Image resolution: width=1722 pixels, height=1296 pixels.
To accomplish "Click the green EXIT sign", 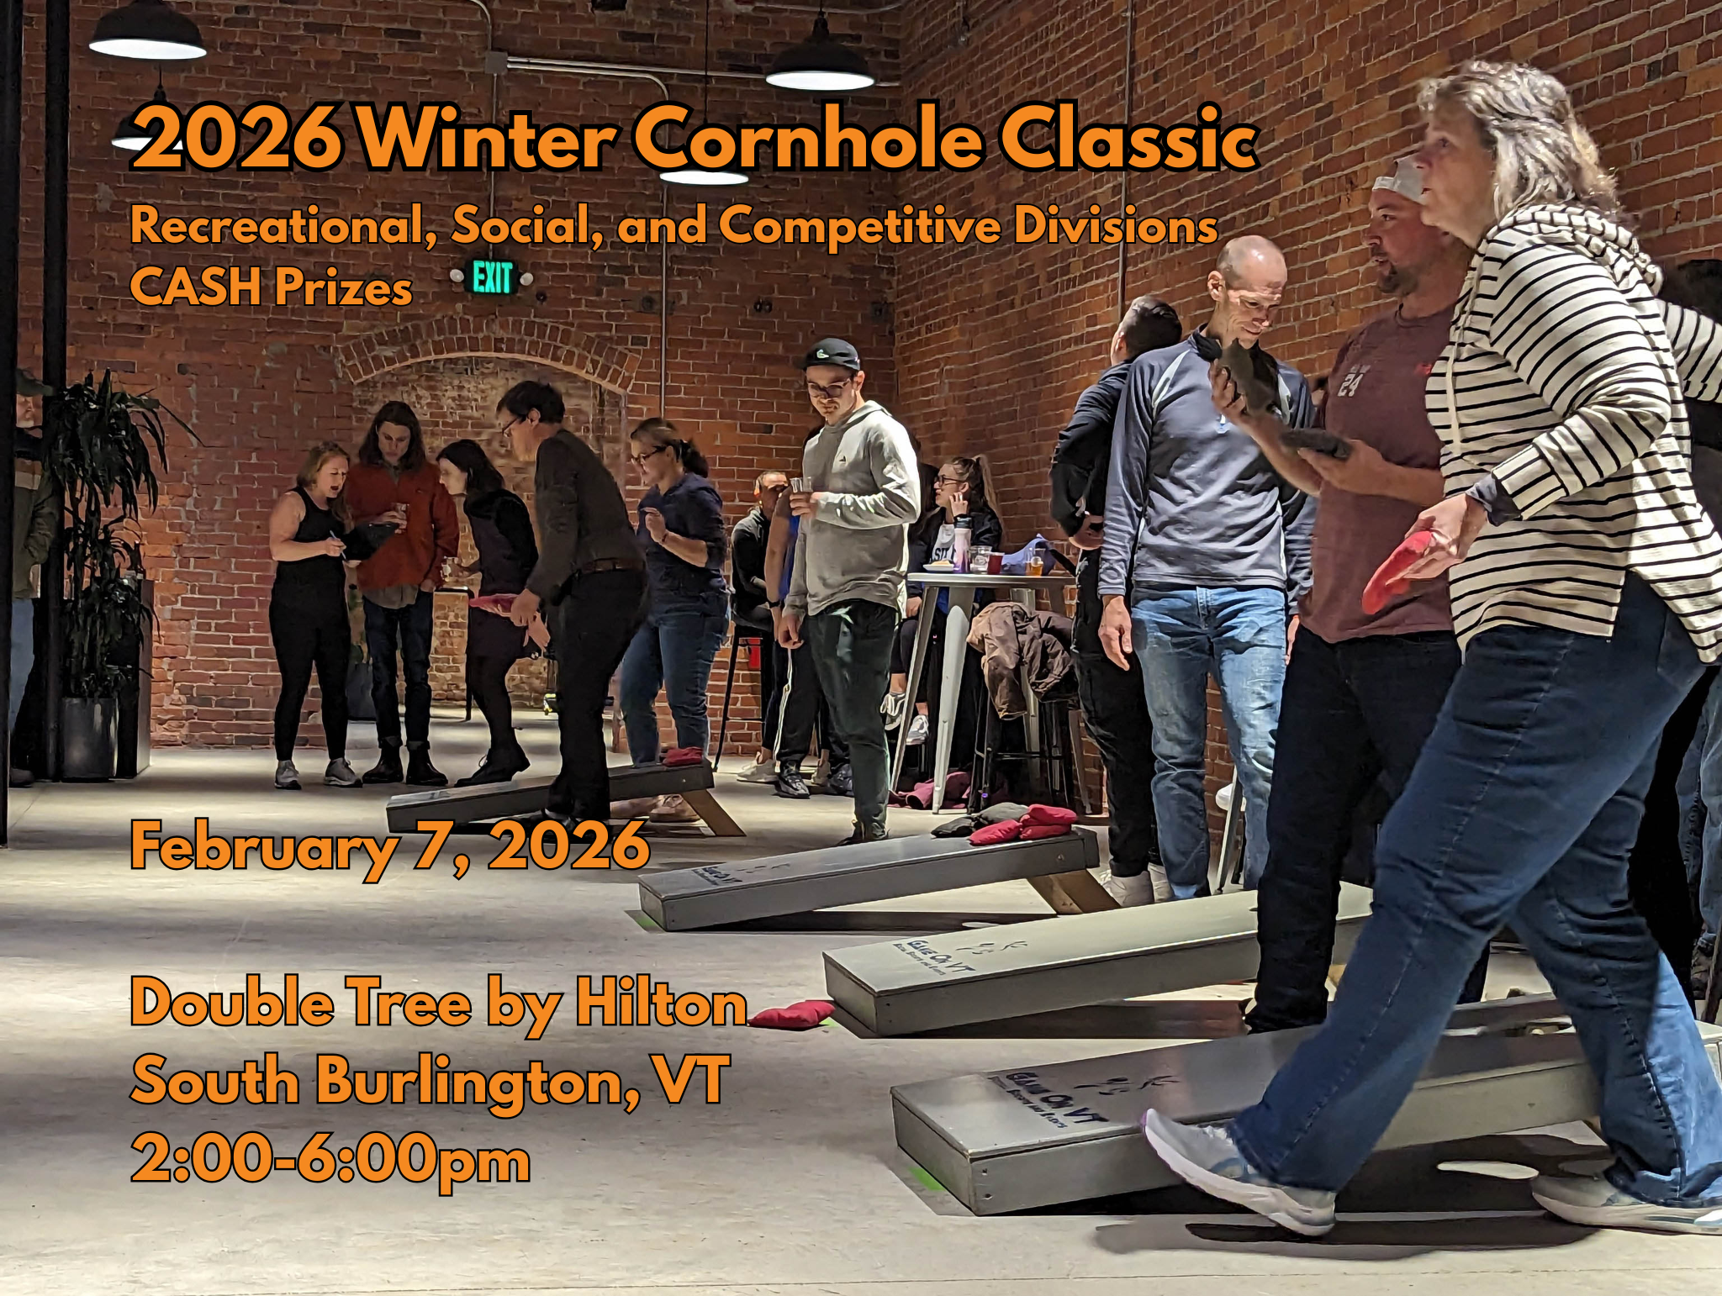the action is pos(492,277).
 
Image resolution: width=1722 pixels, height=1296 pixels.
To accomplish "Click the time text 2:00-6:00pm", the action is pos(330,1160).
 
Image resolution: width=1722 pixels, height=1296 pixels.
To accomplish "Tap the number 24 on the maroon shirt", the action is pos(1350,382).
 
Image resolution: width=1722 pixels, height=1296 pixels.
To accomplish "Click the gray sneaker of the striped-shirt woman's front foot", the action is pos(1237,1172).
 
